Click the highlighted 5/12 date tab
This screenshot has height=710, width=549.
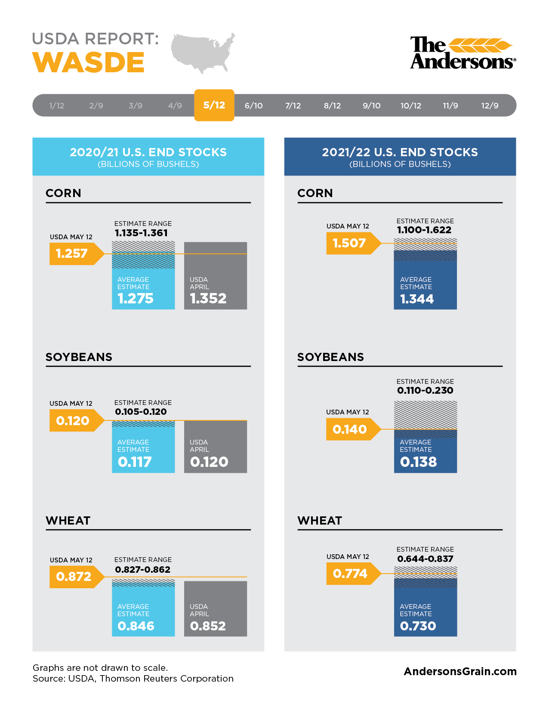pos(214,105)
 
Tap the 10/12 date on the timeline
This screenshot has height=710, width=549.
pos(410,106)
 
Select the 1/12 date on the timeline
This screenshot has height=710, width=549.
pos(56,106)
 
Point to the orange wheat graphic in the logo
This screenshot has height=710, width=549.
pos(480,45)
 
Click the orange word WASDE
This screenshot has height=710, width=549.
pos(88,62)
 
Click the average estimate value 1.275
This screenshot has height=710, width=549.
pos(136,298)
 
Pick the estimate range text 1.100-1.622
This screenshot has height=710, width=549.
pos(424,230)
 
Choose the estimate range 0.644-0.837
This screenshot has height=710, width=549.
pos(425,559)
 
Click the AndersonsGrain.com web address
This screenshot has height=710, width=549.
pos(460,671)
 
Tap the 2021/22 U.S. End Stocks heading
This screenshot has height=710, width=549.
pos(400,152)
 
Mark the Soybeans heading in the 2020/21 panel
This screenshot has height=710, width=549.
pos(79,357)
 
